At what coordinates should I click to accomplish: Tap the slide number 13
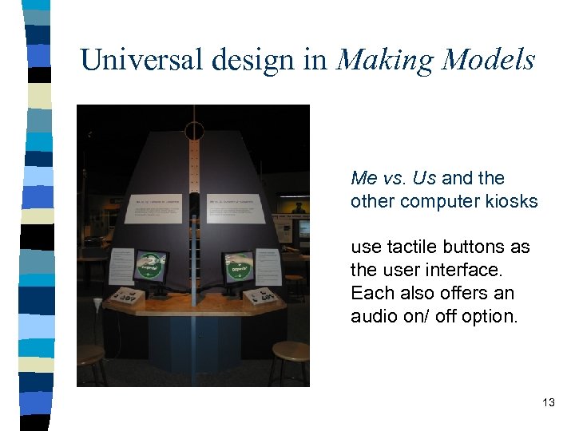(548, 402)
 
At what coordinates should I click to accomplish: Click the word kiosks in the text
(511, 201)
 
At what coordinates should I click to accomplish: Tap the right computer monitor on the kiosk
(239, 267)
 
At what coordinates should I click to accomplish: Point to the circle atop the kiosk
(194, 131)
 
